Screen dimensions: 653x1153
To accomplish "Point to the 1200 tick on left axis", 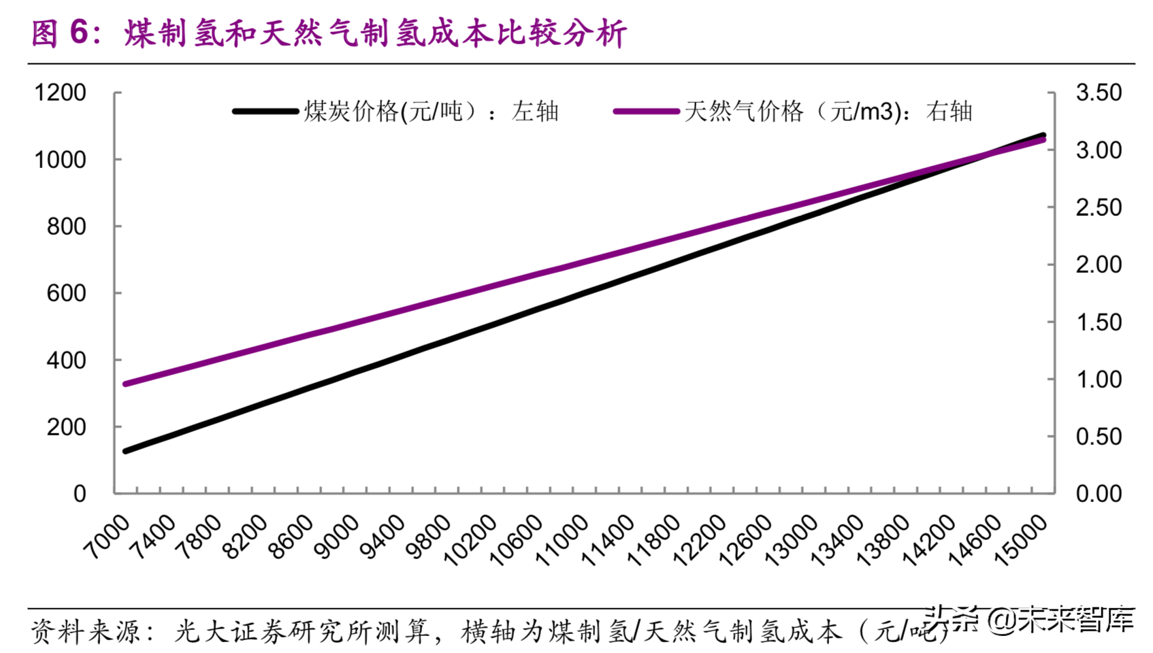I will [60, 93].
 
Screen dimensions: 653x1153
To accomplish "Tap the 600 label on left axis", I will [66, 293].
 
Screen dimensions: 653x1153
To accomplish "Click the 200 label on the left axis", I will [66, 427].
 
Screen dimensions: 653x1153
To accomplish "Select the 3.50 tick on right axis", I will [1098, 93].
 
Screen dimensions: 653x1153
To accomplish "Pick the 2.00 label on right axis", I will [1098, 265].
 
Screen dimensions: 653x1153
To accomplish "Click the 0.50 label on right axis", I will [1098, 437].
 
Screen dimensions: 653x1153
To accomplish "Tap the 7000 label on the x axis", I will [108, 537].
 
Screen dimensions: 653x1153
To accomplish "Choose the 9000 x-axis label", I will [338, 537].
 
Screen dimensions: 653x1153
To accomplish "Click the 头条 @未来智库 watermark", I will [1031, 620].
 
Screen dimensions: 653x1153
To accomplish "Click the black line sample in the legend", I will [265, 111].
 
